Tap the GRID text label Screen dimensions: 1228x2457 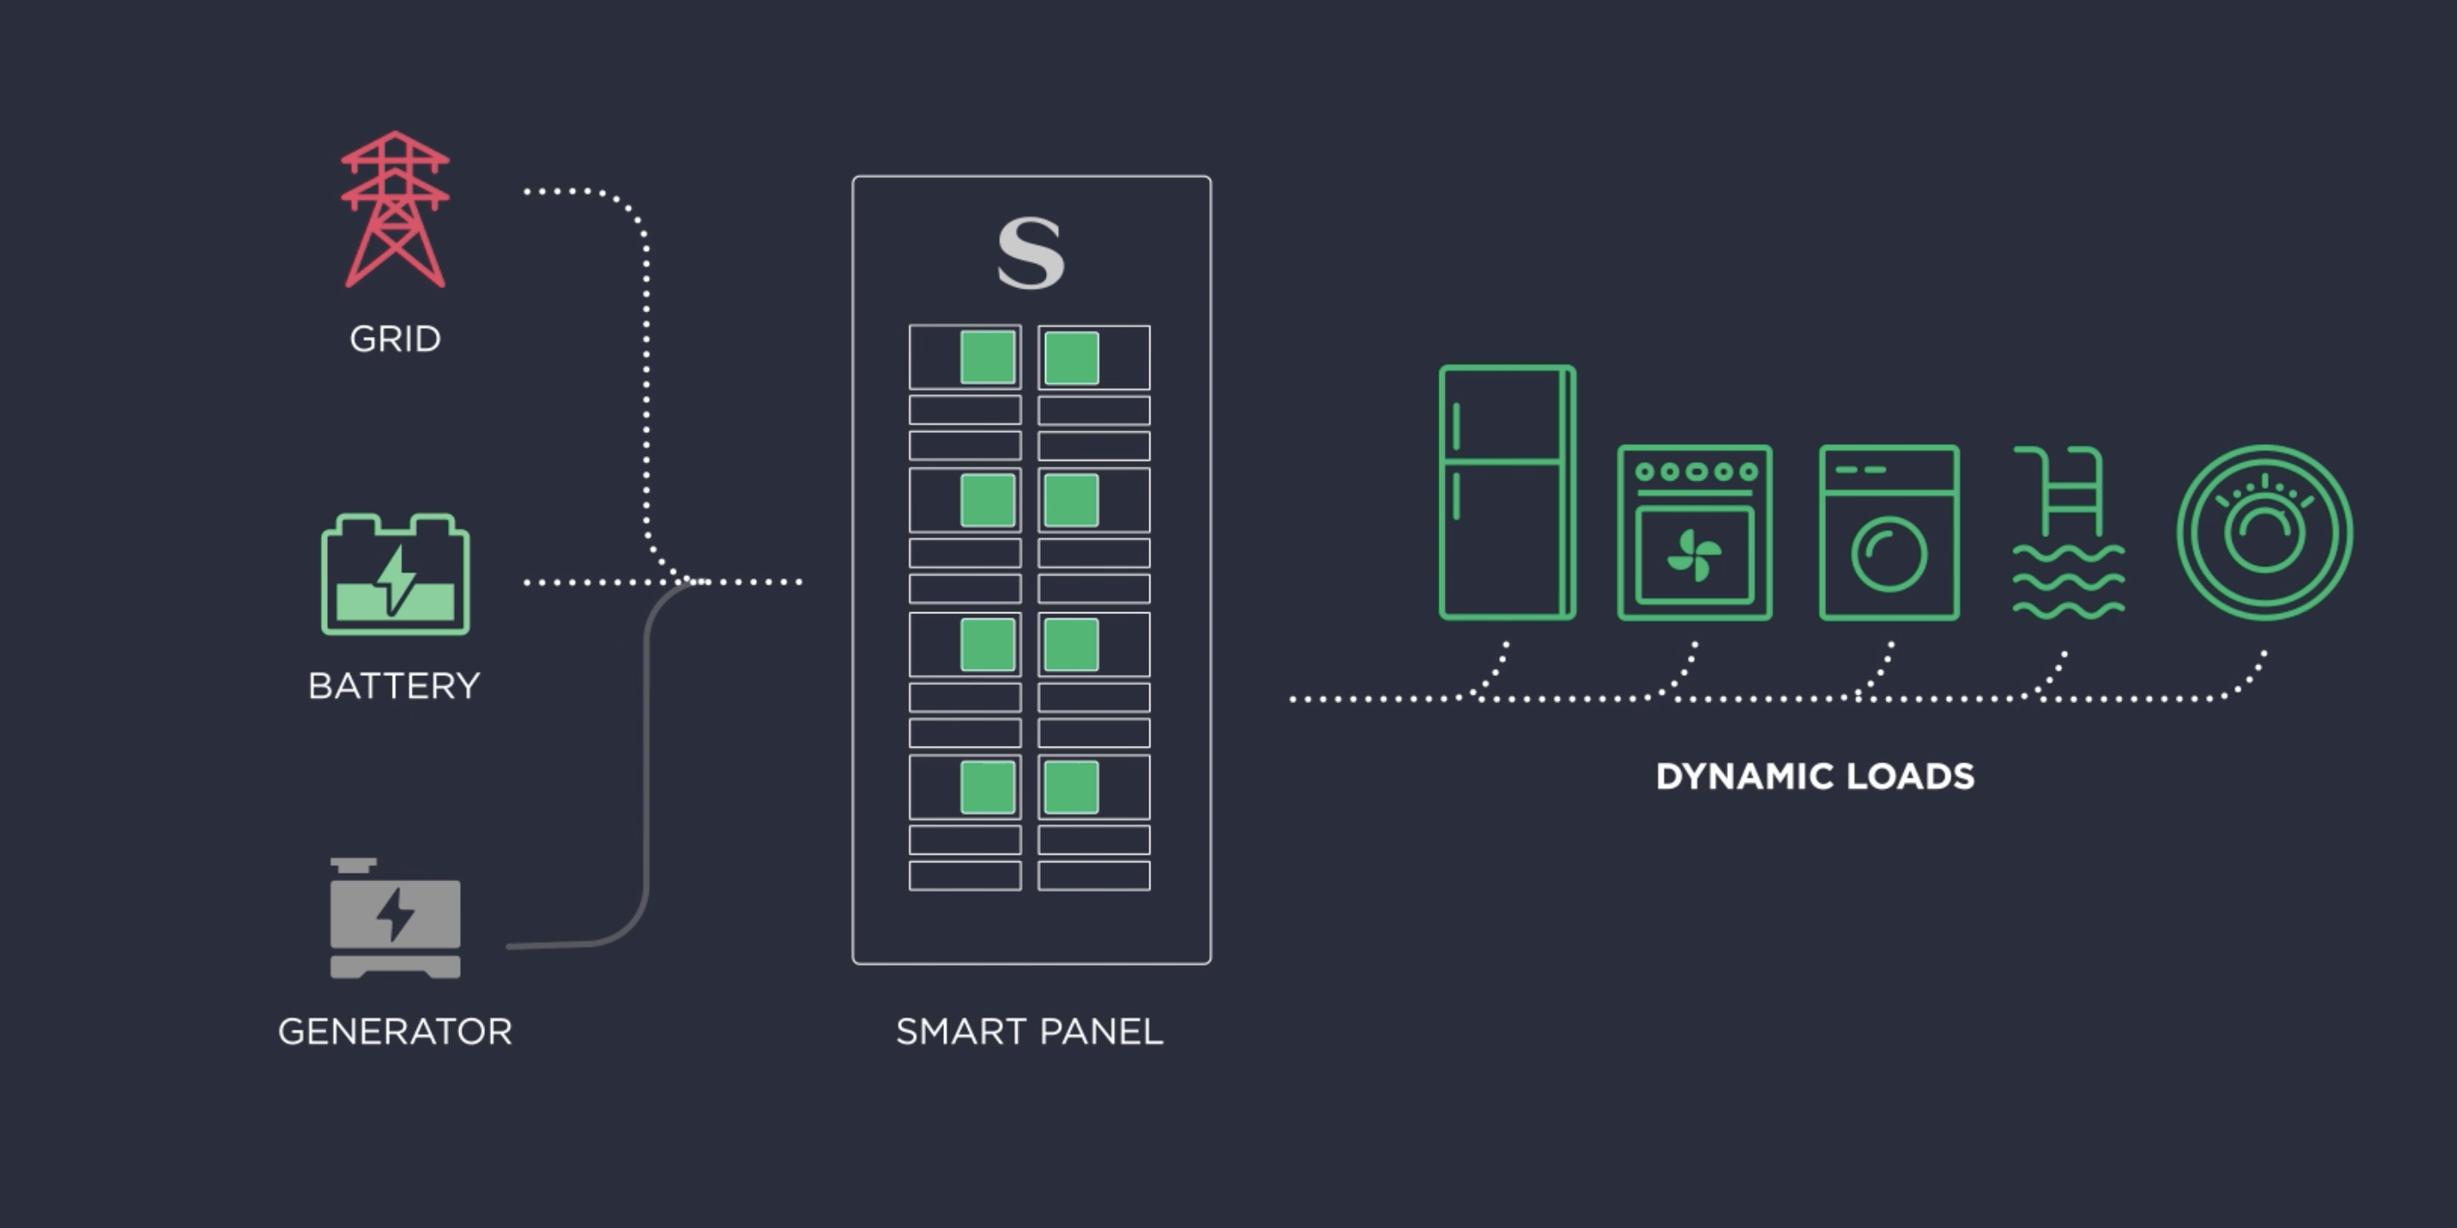(x=395, y=338)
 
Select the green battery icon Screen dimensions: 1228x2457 (x=395, y=575)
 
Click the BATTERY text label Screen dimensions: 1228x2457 (x=394, y=686)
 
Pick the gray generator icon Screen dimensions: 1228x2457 (x=395, y=918)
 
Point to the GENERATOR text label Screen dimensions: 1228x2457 (x=395, y=1031)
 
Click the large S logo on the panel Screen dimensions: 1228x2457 (x=1030, y=253)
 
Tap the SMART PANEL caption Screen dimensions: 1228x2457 (x=1030, y=1031)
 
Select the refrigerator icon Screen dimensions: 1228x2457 (x=1506, y=492)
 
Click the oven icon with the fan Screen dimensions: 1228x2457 (x=1694, y=532)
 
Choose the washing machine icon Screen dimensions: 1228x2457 (x=1888, y=532)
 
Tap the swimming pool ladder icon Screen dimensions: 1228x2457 (x=2069, y=532)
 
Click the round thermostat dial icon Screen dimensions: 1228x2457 (x=2265, y=532)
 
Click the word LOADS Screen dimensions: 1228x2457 (x=1911, y=776)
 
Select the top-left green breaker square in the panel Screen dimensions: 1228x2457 (x=987, y=358)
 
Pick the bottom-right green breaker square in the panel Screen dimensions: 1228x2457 (x=1072, y=787)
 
